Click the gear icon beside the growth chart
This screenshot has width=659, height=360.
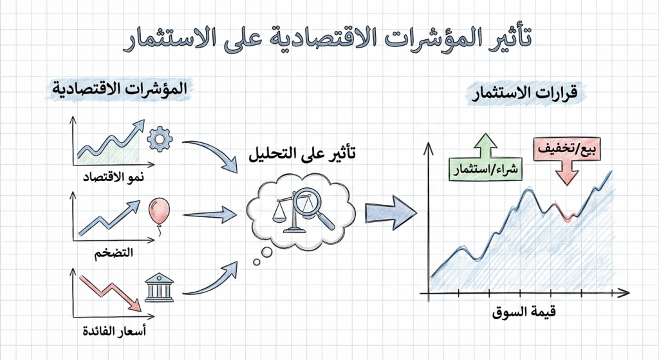click(x=160, y=138)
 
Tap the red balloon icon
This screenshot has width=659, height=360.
click(x=156, y=211)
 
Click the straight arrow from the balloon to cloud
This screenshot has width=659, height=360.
click(x=210, y=214)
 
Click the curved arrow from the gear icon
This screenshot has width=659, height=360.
click(x=212, y=153)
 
